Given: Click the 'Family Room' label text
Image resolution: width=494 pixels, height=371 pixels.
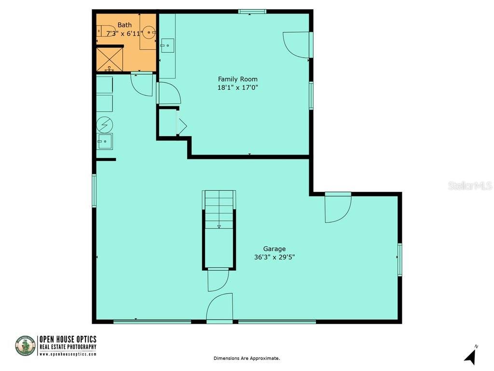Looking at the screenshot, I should (x=237, y=79).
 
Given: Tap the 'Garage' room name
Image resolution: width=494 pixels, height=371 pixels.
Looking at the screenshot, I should (x=274, y=249).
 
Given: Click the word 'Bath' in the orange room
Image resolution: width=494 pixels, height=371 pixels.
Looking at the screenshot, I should (x=124, y=25).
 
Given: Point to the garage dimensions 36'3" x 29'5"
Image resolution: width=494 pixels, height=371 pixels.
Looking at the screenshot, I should (x=274, y=257).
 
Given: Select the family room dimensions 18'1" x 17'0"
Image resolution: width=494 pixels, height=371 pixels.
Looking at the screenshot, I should (x=237, y=87).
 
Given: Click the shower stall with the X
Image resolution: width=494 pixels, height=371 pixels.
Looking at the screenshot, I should (x=110, y=59).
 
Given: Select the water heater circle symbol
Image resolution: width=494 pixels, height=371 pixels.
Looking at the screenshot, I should (x=104, y=125).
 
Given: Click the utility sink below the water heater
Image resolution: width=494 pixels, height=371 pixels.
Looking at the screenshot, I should (x=104, y=142).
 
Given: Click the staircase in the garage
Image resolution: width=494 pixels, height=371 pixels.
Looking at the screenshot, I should (x=219, y=210).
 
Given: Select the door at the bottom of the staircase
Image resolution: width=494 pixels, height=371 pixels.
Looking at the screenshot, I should (x=217, y=280).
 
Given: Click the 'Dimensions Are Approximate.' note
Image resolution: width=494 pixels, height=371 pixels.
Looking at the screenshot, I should (x=247, y=358).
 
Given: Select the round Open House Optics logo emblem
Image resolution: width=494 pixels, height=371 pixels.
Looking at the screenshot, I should (x=25, y=346).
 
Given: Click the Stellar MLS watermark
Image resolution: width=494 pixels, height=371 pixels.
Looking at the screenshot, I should (x=469, y=185).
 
